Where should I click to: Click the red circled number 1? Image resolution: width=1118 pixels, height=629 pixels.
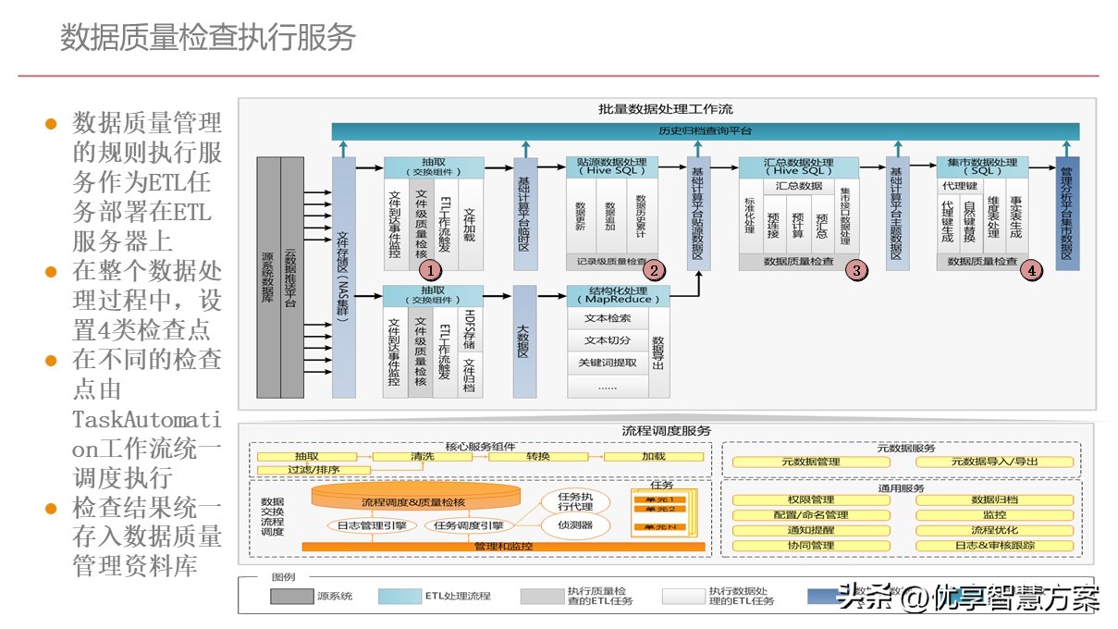pyautogui.click(x=430, y=270)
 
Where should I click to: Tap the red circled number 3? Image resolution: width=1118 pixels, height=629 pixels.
pyautogui.click(x=857, y=270)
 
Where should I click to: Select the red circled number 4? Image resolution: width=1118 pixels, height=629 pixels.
pyautogui.click(x=1032, y=270)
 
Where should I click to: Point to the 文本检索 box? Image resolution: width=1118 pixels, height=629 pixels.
pyautogui.click(x=608, y=318)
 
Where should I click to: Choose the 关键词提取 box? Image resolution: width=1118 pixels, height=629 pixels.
pyautogui.click(x=608, y=363)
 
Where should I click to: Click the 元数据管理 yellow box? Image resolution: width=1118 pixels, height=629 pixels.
pyautogui.click(x=810, y=462)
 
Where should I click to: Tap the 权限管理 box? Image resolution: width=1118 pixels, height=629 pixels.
pyautogui.click(x=810, y=500)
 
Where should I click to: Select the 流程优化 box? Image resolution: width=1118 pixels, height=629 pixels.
pyautogui.click(x=995, y=531)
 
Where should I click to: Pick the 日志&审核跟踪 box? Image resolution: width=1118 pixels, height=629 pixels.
pyautogui.click(x=995, y=546)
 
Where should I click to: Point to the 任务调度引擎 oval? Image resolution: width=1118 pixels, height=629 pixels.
pyautogui.click(x=469, y=525)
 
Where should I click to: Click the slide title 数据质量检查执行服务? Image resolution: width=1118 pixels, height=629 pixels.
pyautogui.click(x=208, y=38)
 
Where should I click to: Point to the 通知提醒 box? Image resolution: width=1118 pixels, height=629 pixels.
pyautogui.click(x=810, y=531)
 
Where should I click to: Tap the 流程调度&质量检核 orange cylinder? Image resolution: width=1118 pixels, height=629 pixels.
pyautogui.click(x=413, y=500)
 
